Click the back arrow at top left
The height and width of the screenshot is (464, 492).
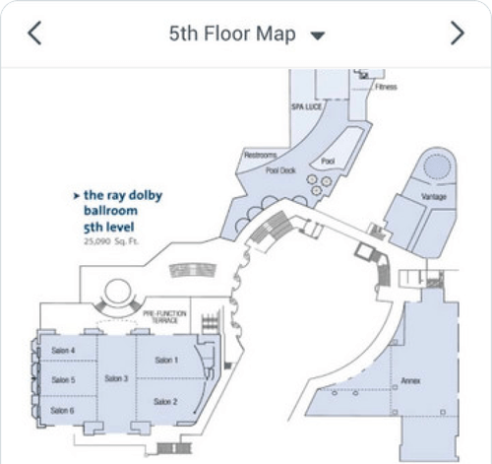click(34, 33)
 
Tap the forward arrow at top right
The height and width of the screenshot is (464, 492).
click(457, 33)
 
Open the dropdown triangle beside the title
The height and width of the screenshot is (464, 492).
click(317, 35)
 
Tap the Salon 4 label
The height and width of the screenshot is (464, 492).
click(63, 350)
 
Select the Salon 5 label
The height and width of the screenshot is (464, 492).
click(63, 379)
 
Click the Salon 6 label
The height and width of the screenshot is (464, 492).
click(63, 410)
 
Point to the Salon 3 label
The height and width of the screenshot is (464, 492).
click(117, 379)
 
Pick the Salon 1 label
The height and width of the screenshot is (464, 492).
click(166, 361)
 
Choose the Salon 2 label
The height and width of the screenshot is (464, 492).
click(166, 402)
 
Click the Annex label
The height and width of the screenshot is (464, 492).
click(410, 378)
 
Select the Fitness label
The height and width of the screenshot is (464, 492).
click(386, 88)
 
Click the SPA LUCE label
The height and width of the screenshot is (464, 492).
click(306, 104)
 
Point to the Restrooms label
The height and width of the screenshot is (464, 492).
click(260, 156)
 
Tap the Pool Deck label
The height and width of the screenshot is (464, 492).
click(280, 169)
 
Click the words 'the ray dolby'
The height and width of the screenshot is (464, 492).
click(122, 195)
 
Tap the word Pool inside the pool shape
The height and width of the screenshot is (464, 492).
click(328, 160)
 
